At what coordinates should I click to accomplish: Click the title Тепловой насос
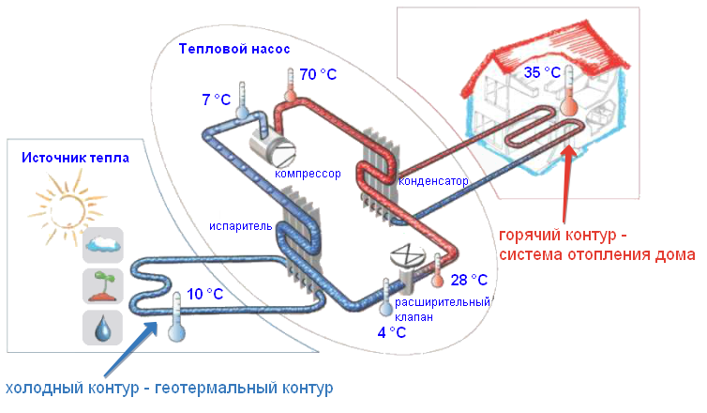coord(234,48)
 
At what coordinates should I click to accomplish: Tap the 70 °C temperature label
coord(319,74)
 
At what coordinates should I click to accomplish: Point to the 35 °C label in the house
coord(542,72)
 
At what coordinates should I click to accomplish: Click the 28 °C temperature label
coord(469,280)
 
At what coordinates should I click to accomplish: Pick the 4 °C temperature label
coord(392,333)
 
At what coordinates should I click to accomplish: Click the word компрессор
coord(308,174)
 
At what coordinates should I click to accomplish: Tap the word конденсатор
coord(433,180)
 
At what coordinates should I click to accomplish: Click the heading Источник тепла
coord(75,158)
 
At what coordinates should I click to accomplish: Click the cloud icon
coord(102,246)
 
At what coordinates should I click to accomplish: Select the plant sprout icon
coord(102,286)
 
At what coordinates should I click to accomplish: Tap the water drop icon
coord(102,327)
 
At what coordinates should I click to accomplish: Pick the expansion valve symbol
coord(409,256)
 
